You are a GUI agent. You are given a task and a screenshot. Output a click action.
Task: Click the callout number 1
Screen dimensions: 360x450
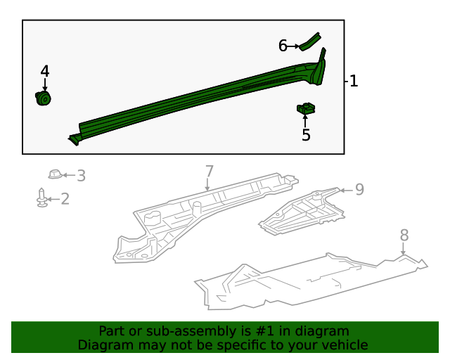(354, 82)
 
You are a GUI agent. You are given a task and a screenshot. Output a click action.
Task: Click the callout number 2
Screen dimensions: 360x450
(65, 200)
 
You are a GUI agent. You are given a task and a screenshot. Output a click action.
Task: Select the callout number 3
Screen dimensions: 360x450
(81, 176)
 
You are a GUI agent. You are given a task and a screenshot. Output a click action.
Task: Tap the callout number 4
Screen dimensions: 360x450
(45, 71)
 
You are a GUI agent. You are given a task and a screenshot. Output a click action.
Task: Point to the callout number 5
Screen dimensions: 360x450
(306, 135)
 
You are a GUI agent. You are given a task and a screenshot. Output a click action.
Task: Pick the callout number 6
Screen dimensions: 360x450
(283, 46)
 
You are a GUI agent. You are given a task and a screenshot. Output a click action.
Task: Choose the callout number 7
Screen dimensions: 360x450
(209, 171)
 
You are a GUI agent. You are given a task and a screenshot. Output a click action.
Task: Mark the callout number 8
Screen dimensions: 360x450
(404, 235)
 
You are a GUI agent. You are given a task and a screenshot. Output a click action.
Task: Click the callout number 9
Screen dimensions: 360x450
(359, 189)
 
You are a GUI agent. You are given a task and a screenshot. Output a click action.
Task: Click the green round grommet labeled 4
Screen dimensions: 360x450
(44, 98)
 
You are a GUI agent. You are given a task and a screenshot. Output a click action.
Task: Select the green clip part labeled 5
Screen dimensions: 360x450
(306, 109)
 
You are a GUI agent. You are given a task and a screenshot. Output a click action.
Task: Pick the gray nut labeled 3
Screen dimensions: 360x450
(55, 174)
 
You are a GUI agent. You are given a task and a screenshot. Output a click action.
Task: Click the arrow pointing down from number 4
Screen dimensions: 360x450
(45, 84)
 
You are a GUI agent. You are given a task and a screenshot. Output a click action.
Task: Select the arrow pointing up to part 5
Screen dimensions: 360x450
(306, 121)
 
